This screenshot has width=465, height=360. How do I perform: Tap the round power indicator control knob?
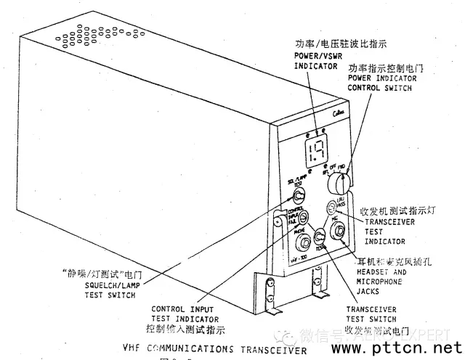[x=340, y=176]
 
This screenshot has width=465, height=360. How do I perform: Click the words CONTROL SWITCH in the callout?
[x=379, y=87]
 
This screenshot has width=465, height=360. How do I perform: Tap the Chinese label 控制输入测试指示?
[x=185, y=329]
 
